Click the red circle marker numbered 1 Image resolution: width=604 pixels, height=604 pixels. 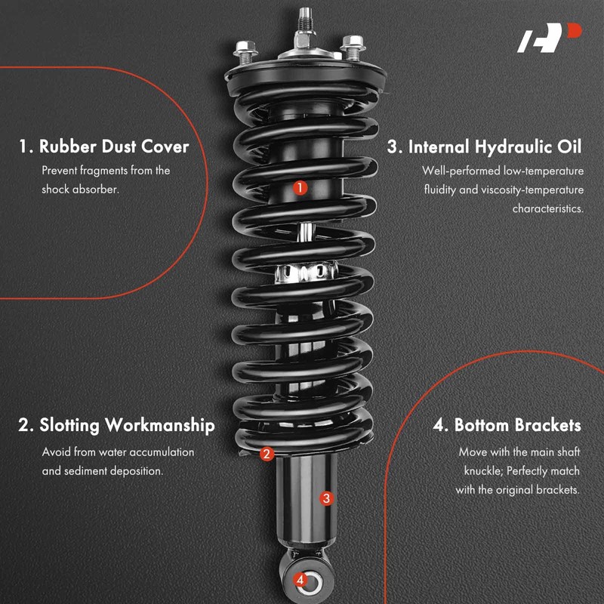click(x=300, y=186)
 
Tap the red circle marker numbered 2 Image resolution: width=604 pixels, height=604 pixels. click(x=266, y=454)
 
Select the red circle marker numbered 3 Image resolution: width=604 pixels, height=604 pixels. click(x=326, y=498)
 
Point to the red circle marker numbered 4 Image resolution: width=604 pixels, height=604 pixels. click(x=300, y=580)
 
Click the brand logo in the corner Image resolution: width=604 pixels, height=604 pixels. click(x=550, y=39)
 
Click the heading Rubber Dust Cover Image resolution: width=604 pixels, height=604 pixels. click(x=103, y=146)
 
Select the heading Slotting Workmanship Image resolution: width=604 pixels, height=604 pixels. click(x=116, y=425)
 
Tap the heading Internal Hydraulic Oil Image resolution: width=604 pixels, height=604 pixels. click(x=485, y=146)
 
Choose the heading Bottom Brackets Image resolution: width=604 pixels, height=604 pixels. click(x=507, y=425)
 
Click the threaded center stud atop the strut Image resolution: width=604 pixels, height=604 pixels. click(x=306, y=18)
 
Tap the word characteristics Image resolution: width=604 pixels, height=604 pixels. click(x=547, y=208)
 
